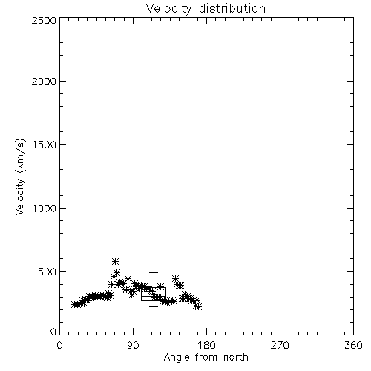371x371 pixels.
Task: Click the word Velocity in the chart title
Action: click(169, 9)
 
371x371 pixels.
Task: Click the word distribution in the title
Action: click(232, 8)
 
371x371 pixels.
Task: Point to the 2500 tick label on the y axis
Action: click(44, 20)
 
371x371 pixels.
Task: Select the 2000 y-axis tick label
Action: click(44, 81)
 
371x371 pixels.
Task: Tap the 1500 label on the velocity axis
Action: click(45, 145)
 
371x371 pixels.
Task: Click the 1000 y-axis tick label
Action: click(45, 208)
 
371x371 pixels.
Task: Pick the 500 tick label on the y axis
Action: click(47, 272)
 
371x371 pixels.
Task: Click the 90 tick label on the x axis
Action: click(133, 345)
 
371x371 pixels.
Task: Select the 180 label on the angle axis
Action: click(206, 345)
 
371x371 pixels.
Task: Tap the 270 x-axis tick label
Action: click(280, 345)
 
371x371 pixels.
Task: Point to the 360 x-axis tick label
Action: click(353, 345)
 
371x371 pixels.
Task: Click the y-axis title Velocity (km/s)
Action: click(20, 177)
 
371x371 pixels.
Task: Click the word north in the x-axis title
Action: click(236, 357)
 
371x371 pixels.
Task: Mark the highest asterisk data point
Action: click(115, 261)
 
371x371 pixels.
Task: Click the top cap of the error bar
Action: click(154, 272)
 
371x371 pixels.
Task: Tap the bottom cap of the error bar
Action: click(154, 306)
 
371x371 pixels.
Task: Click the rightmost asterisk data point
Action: click(198, 307)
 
